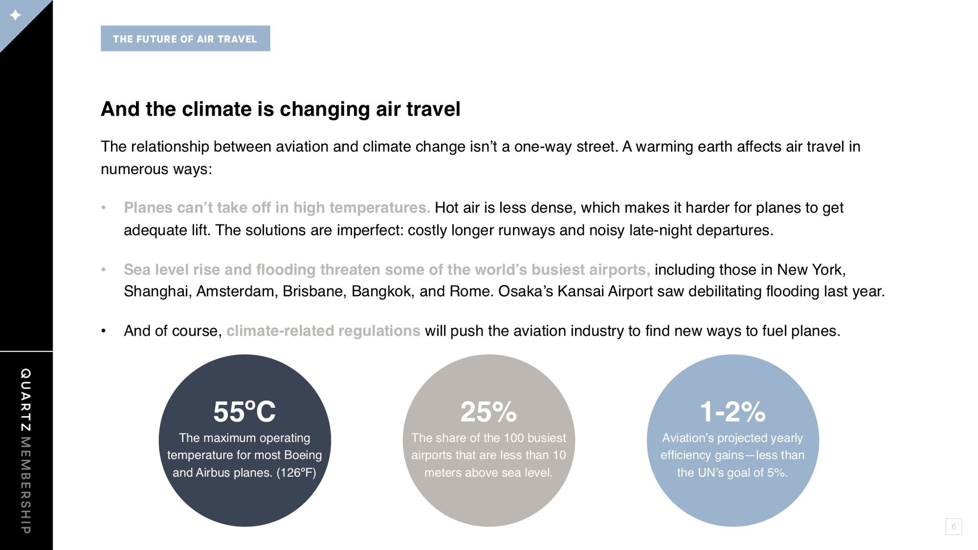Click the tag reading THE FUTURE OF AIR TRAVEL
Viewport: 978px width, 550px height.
[185, 39]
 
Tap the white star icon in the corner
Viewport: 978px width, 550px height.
[15, 15]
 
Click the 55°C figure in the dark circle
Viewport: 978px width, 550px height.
[244, 411]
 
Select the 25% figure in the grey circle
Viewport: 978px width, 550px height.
[488, 411]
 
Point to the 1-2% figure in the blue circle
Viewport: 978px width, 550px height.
[732, 411]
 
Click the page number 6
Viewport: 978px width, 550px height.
[954, 527]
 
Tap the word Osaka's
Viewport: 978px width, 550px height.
[525, 291]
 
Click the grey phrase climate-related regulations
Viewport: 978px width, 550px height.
[323, 331]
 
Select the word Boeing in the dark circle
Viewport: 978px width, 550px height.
[303, 455]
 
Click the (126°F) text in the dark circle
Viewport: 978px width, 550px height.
[296, 473]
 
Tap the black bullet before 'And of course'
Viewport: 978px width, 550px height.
[103, 332]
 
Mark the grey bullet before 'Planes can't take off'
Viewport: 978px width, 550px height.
[103, 208]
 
